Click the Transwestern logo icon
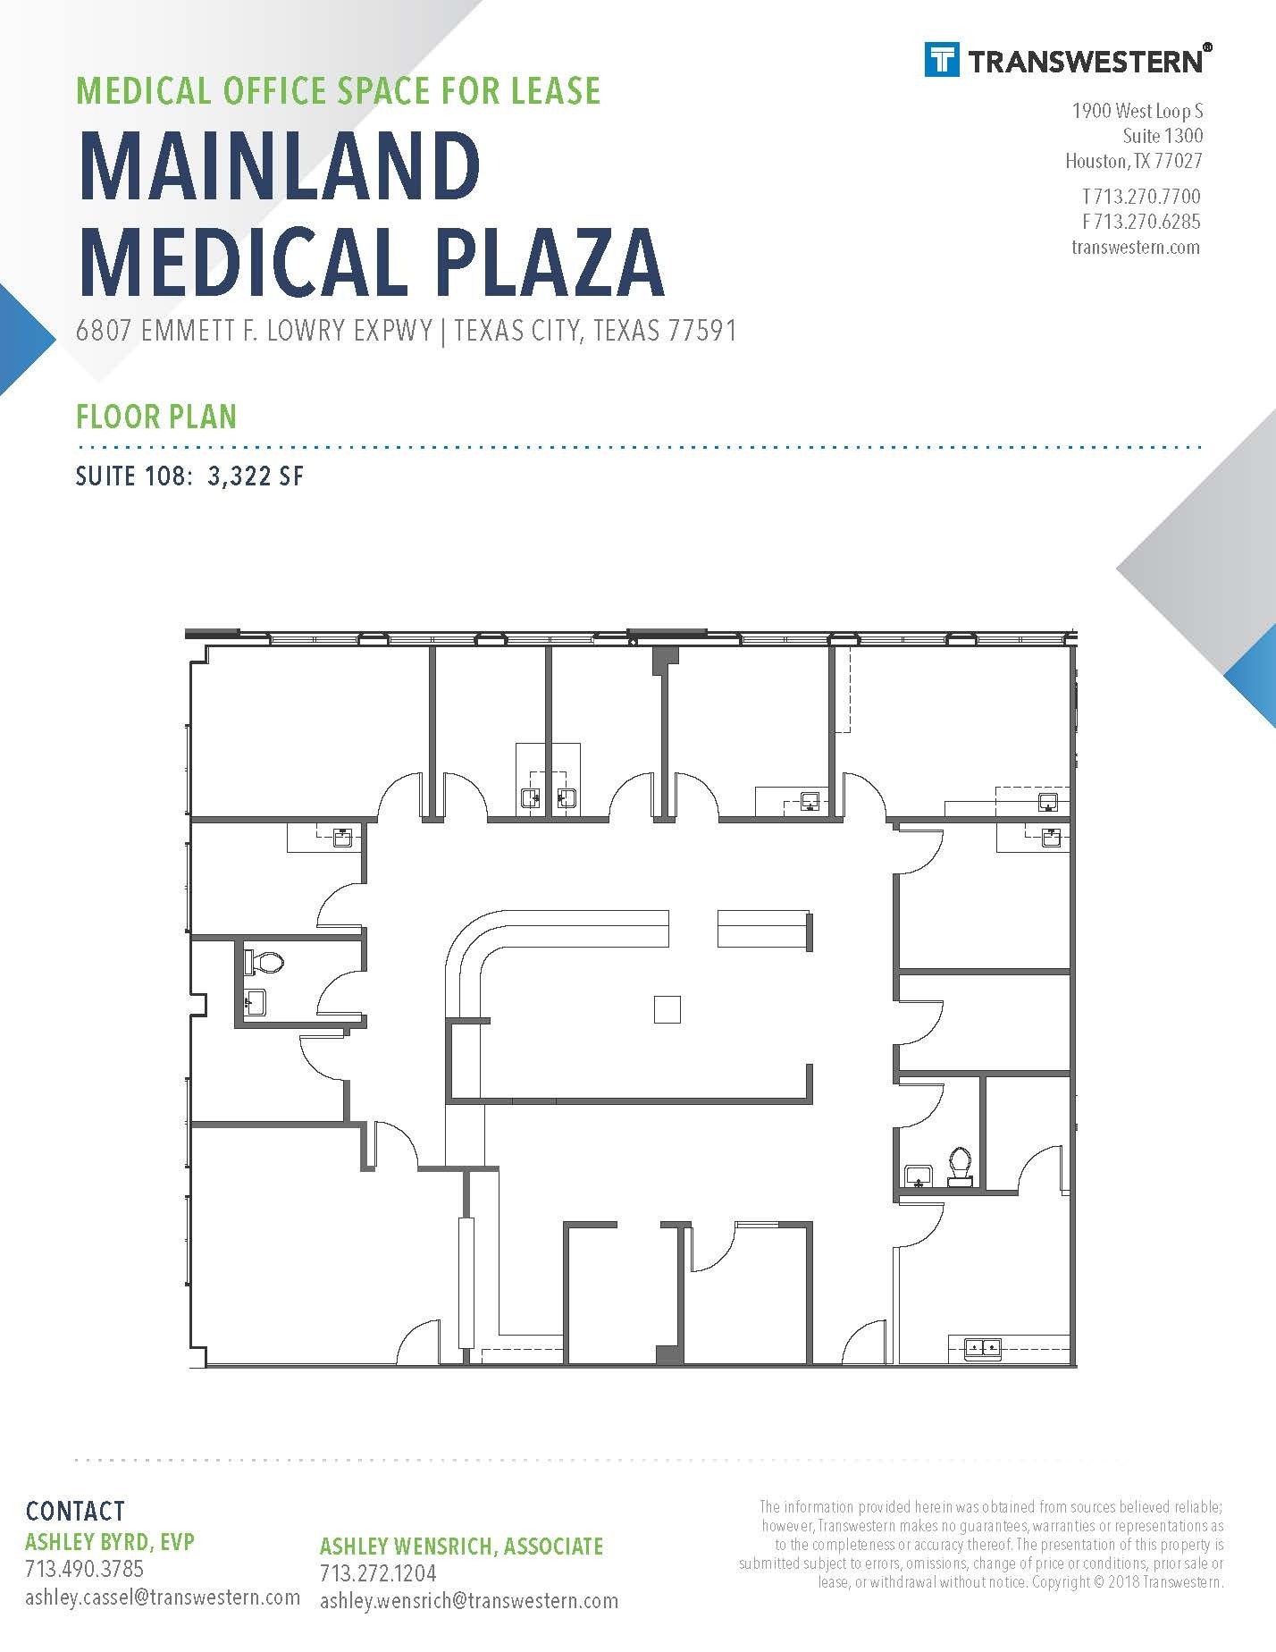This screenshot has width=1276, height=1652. (x=942, y=60)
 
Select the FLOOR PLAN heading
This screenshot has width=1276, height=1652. (x=156, y=417)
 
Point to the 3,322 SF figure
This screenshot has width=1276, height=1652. (x=256, y=476)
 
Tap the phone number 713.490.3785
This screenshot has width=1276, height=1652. (x=84, y=1568)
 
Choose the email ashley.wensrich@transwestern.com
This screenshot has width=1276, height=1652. (x=469, y=1600)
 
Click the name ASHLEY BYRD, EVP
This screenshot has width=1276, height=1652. (x=110, y=1541)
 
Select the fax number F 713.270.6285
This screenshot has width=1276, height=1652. (x=1141, y=222)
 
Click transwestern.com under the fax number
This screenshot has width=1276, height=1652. (x=1136, y=247)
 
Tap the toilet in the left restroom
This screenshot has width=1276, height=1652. (x=264, y=963)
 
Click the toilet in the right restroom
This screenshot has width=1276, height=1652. (x=960, y=1166)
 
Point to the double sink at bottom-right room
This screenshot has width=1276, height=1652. (x=982, y=1346)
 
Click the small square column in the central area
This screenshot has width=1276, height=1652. (x=667, y=1009)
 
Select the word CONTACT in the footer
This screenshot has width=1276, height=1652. (x=75, y=1511)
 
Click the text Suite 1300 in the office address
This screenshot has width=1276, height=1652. (x=1163, y=136)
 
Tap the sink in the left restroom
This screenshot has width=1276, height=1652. (x=256, y=1002)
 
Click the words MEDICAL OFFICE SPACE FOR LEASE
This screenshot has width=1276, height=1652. (x=339, y=91)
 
